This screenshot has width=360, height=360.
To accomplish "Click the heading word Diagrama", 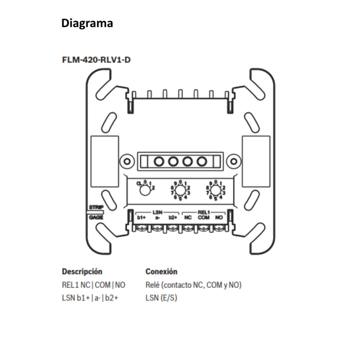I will tap(87, 23).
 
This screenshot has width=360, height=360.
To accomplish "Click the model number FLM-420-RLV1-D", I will tap(96, 59).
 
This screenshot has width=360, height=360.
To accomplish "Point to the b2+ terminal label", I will tap(173, 217).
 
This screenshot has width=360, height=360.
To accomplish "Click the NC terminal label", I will tap(188, 217).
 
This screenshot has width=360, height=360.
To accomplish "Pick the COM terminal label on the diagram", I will tap(203, 217).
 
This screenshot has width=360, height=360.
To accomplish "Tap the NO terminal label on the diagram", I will tap(219, 217).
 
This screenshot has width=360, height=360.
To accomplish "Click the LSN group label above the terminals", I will tap(157, 211).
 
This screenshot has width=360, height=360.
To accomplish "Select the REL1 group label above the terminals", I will tap(203, 211).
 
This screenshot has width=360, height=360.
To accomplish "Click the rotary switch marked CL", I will tap(144, 190).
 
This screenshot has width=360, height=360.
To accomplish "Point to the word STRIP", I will tap(96, 207).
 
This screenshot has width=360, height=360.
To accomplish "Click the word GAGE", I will tap(96, 217).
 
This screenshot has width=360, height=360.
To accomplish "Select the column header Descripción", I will tap(82, 272).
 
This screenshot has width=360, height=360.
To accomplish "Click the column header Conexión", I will tap(162, 272).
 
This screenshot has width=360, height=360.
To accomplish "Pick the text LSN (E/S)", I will tap(161, 298).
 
